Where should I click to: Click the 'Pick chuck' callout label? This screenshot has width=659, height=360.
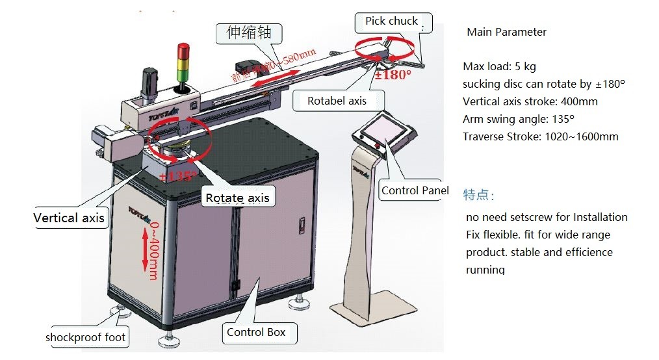point(391,21)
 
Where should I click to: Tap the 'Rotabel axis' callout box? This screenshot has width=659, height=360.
point(337,101)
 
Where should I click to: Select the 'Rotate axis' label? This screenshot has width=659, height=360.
point(237,198)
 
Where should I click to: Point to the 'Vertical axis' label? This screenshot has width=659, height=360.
point(69,218)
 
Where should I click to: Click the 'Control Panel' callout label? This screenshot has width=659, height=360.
point(415,190)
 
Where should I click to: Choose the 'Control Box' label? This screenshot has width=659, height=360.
point(256,333)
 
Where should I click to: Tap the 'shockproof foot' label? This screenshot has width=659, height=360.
point(85,337)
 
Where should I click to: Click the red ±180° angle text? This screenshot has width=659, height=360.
point(393,75)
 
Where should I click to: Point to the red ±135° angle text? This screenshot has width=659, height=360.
point(177,175)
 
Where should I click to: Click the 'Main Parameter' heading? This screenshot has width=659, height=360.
point(506,32)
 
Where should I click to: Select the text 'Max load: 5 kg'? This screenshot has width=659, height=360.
point(499,67)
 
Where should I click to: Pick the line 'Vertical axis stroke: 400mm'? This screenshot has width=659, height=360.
point(530,101)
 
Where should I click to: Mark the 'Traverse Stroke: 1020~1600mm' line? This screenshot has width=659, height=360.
point(540,136)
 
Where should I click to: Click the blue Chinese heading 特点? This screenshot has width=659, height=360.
point(478,195)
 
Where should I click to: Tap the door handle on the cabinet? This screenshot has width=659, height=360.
point(300,225)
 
